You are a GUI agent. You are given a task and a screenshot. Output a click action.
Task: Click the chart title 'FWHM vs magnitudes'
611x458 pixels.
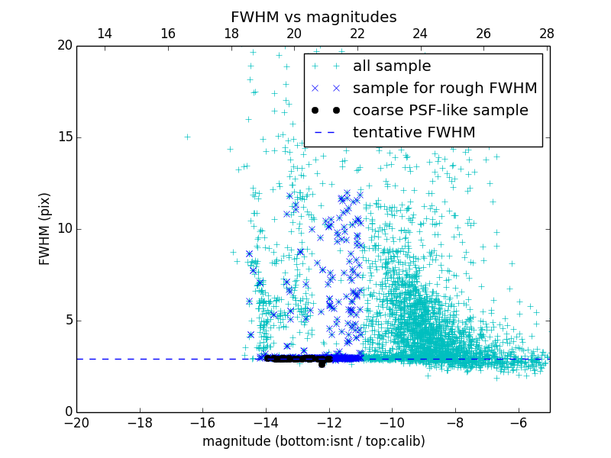point(313,17)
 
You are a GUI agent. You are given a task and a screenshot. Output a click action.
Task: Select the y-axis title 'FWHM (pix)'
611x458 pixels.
point(45,229)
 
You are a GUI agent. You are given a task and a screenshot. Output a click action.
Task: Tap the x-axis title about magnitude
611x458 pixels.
point(313,441)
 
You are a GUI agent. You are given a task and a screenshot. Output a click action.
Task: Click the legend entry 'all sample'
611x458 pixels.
point(392,66)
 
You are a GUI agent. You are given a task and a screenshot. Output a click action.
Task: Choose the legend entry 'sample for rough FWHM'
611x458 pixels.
point(445,89)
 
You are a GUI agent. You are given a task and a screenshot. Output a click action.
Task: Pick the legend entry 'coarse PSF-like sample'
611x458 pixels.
point(440,111)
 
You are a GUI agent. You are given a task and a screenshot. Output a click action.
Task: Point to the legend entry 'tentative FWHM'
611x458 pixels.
point(414,133)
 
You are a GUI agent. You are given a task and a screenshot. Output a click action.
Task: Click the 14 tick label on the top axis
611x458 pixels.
point(105,34)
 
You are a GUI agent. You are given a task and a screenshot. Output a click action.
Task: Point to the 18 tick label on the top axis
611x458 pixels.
point(231,34)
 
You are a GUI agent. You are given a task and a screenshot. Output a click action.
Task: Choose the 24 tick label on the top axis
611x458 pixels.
point(420,34)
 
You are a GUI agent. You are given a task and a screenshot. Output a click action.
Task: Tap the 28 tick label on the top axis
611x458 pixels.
point(546,34)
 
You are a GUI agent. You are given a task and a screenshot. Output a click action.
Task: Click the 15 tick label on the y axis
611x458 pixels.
point(63,137)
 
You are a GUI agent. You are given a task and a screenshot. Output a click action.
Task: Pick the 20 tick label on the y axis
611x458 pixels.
point(63,46)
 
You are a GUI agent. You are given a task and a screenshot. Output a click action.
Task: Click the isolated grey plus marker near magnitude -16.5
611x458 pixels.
point(187,137)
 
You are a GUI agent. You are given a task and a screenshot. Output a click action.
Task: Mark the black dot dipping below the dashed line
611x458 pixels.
point(322,364)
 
